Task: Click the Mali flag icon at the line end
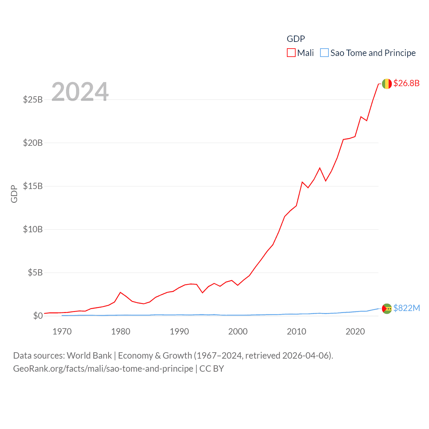tap(387, 84)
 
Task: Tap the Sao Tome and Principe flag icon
tap(387, 309)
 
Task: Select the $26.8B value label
tap(406, 83)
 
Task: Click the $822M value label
tap(407, 308)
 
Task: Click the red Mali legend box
tap(291, 53)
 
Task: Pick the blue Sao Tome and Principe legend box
tap(324, 53)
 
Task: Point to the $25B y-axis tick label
tap(33, 100)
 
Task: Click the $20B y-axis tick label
tap(33, 143)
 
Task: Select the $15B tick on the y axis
tap(33, 186)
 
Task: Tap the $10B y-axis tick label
tap(33, 229)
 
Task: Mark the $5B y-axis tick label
tap(35, 272)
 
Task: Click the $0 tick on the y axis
tap(38, 316)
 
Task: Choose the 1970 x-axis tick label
tap(62, 331)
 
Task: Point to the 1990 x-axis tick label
tap(179, 331)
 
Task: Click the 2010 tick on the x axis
tap(297, 331)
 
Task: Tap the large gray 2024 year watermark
tap(80, 91)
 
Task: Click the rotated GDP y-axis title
tap(14, 194)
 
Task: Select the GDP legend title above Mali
tap(296, 39)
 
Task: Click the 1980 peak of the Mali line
tap(121, 292)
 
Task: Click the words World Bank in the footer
tap(89, 356)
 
